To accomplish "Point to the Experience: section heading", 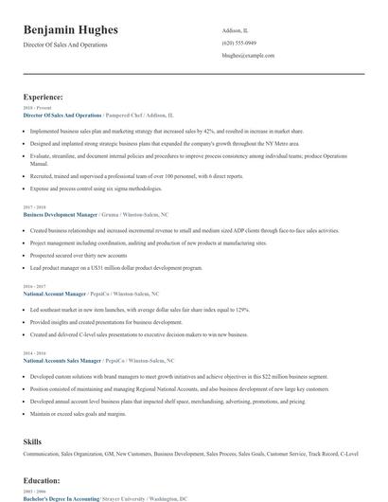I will [44, 97].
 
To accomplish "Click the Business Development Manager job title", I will [60, 215].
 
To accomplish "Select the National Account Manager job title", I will [55, 294].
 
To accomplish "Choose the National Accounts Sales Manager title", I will [61, 360].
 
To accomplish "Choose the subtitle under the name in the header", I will [72, 45].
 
